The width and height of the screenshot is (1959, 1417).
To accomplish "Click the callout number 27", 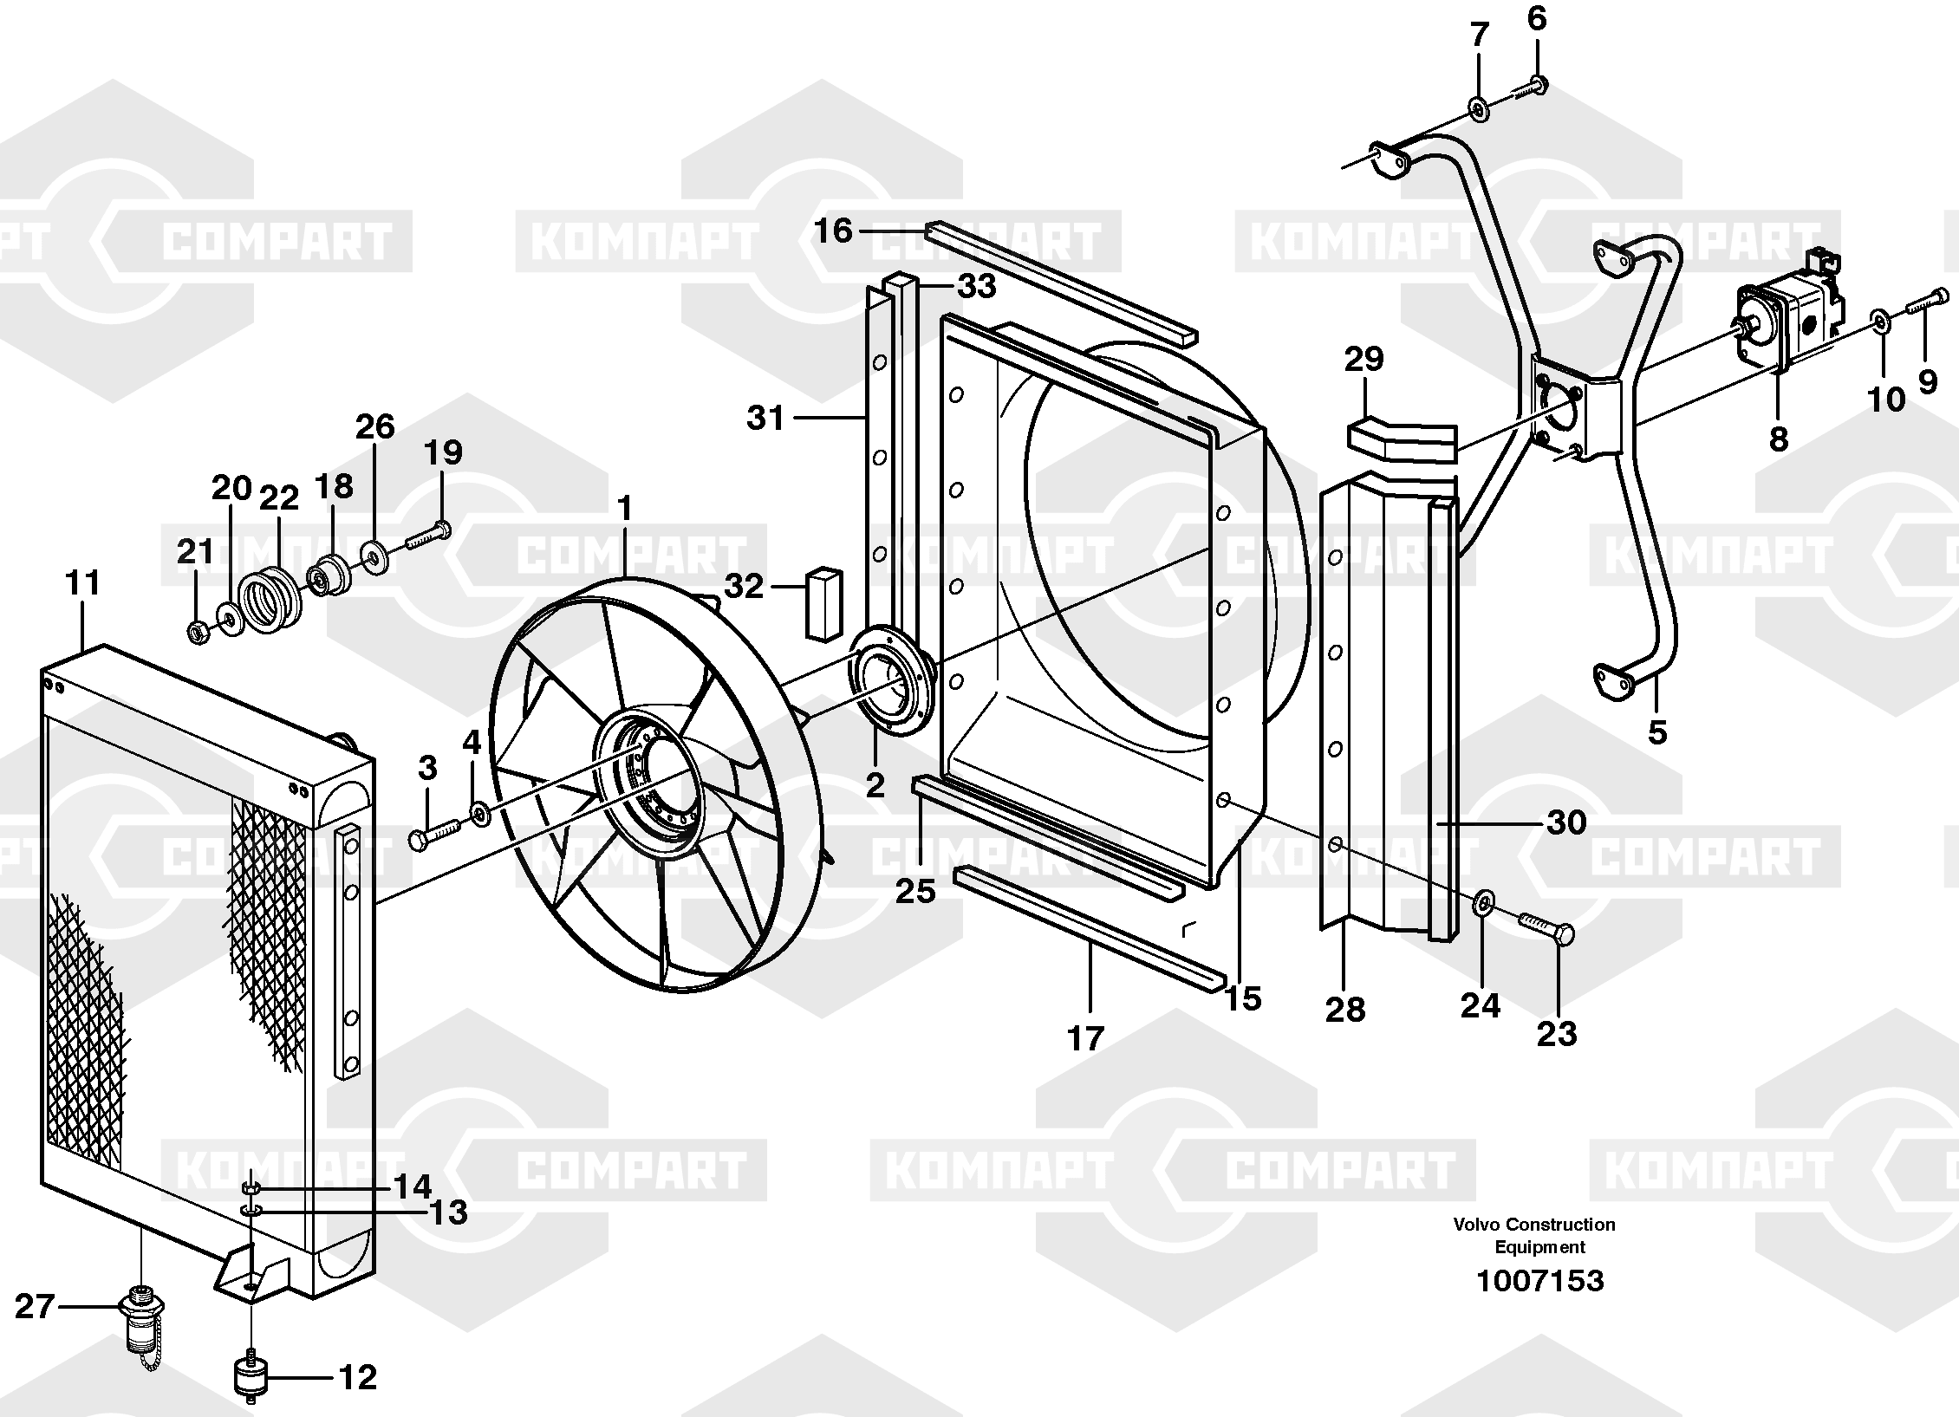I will coord(36,1306).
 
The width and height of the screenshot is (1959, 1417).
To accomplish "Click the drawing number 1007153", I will coord(1539,1280).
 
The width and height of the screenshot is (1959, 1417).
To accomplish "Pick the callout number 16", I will coord(833,231).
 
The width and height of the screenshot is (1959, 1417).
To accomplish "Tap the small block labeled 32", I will coord(825,603).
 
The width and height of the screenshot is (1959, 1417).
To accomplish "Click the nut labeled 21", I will coord(198,633).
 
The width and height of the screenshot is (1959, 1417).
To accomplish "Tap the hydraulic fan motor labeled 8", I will coord(1781,326).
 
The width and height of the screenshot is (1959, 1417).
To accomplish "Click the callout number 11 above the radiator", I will coord(83,582).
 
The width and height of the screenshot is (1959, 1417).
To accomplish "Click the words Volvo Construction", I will coord(1534,1224).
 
